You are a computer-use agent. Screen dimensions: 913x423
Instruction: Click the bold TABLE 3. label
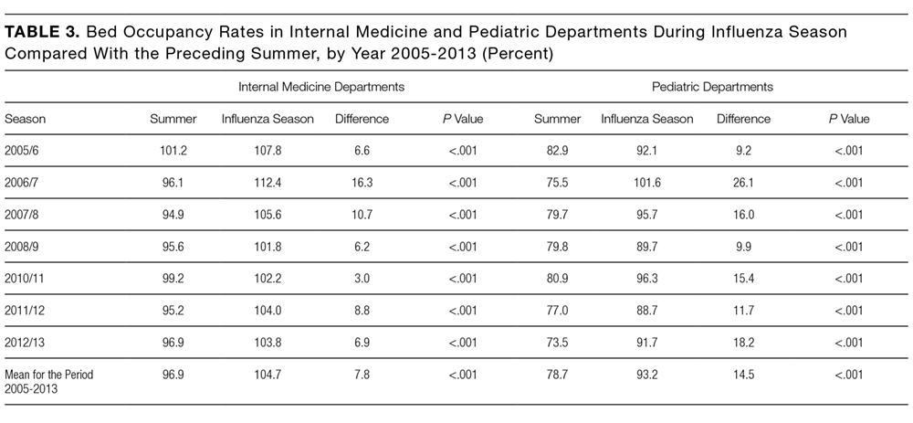[43, 32]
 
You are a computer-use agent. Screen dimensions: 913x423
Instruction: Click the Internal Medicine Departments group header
[321, 87]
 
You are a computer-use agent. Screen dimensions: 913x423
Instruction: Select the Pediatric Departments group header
[713, 87]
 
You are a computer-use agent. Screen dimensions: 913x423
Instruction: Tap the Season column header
[25, 119]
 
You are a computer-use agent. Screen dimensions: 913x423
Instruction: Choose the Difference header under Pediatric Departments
[743, 119]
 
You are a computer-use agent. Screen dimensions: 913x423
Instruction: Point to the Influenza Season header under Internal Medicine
[268, 119]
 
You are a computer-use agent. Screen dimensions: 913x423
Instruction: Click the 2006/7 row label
[21, 183]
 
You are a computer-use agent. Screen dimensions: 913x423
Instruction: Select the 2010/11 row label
[25, 279]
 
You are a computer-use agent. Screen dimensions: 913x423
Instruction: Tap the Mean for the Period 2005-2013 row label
[49, 380]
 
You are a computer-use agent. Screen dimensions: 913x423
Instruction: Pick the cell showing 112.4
[268, 183]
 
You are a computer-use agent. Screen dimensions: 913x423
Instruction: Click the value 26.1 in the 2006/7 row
[743, 183]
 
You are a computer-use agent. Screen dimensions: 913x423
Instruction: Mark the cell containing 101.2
[173, 151]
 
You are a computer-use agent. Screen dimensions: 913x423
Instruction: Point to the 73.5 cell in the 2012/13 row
[558, 342]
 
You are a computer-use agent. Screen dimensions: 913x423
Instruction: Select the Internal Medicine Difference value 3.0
[362, 279]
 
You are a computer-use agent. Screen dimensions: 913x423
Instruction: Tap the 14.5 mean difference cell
[743, 374]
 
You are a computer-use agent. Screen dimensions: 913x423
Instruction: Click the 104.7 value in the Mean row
[268, 374]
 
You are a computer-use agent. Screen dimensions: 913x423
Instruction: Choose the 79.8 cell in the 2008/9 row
[558, 247]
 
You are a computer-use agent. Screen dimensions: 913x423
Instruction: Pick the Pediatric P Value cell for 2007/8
[849, 215]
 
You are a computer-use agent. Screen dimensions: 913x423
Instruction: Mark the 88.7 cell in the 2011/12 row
[647, 310]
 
